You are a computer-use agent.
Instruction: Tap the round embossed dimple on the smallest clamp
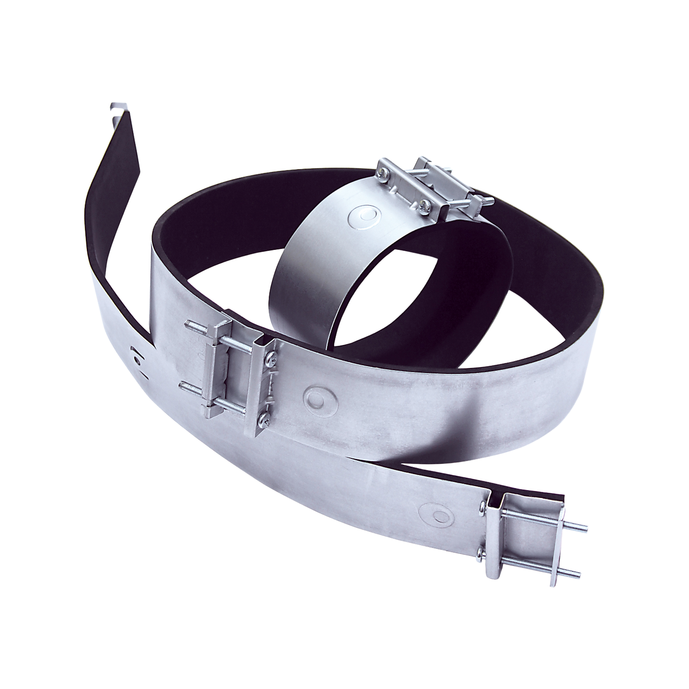click(x=365, y=216)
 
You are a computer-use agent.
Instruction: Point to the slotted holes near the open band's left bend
click(x=136, y=356)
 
